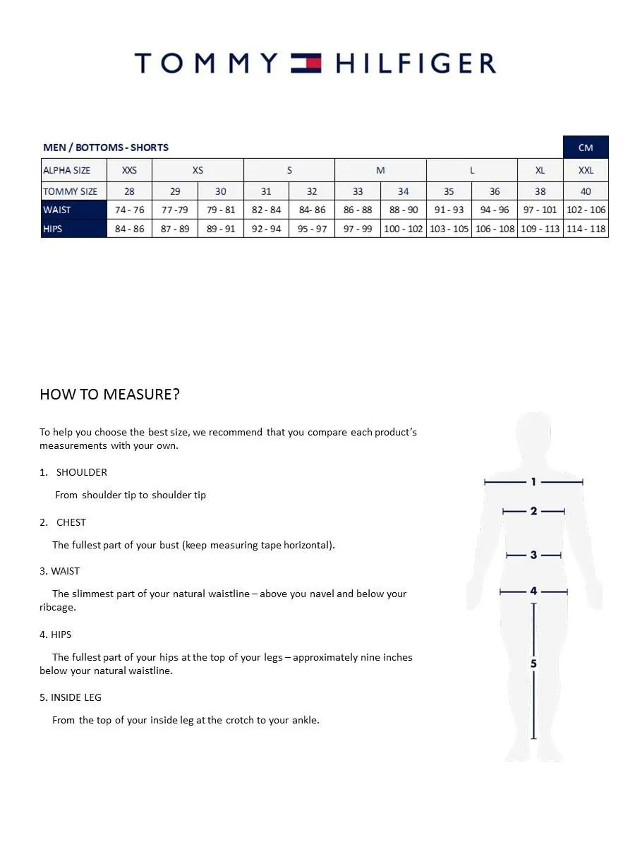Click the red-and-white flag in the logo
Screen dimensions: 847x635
pyautogui.click(x=306, y=64)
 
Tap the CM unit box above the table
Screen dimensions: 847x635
pyautogui.click(x=586, y=148)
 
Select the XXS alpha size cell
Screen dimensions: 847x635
pyautogui.click(x=129, y=170)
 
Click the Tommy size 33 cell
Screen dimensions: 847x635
pyautogui.click(x=358, y=191)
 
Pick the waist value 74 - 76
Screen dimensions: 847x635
pyautogui.click(x=129, y=210)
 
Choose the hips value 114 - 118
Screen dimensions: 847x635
pyautogui.click(x=586, y=229)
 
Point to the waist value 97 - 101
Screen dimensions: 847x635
pyautogui.click(x=540, y=210)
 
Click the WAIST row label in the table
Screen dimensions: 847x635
pyautogui.click(x=57, y=210)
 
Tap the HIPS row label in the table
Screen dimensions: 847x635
pyautogui.click(x=53, y=229)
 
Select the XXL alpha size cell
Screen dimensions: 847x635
pyautogui.click(x=586, y=170)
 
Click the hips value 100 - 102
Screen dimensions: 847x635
pyautogui.click(x=403, y=229)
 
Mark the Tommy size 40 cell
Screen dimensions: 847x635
pyautogui.click(x=586, y=191)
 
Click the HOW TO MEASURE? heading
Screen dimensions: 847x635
pyautogui.click(x=109, y=394)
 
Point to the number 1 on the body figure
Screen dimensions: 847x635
pyautogui.click(x=533, y=482)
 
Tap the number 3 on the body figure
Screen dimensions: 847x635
pyautogui.click(x=533, y=555)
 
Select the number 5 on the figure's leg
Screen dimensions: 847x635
pyautogui.click(x=533, y=663)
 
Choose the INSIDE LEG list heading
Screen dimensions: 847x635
pyautogui.click(x=75, y=697)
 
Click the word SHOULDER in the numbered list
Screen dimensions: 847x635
pyautogui.click(x=82, y=472)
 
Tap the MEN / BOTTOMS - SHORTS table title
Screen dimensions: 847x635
pyautogui.click(x=106, y=148)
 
